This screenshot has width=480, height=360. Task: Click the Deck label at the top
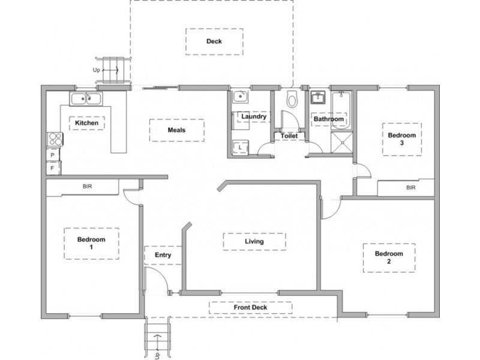214,41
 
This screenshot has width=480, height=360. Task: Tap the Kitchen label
86,123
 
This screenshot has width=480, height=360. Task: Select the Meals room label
176,130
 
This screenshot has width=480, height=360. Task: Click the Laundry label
254,116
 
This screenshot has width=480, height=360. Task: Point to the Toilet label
289,136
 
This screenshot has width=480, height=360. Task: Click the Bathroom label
328,119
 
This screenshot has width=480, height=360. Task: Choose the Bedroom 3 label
402,139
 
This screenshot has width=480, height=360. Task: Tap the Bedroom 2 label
389,257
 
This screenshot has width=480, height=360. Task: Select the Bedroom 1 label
91,244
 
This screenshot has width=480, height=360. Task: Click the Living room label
254,242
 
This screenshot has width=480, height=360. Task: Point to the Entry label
163,255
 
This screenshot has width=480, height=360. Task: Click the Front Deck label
250,307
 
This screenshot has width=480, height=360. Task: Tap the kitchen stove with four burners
55,139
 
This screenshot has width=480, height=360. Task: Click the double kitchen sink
86,99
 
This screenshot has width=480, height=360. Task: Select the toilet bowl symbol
292,99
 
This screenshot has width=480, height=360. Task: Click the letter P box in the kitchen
53,155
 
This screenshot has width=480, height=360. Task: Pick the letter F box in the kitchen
53,168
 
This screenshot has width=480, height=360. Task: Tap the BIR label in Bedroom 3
411,188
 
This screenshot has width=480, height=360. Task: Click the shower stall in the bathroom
342,142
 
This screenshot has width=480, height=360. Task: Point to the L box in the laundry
240,148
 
